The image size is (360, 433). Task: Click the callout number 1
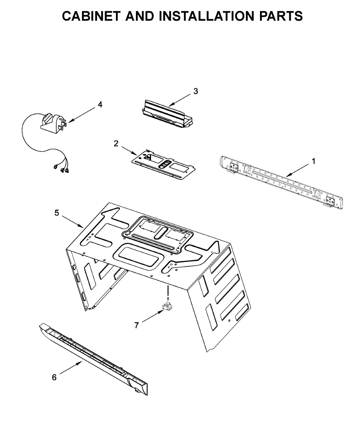coord(313,161)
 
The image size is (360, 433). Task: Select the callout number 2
coord(116,144)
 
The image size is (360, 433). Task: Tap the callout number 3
coord(195,91)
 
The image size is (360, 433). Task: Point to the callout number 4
coord(100,105)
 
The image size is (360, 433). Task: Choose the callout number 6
coord(54,377)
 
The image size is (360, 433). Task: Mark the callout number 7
coord(136,325)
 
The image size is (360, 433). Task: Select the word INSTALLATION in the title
coord(207,16)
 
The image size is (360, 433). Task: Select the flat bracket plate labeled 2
coord(164,164)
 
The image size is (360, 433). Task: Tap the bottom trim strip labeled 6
coord(94,357)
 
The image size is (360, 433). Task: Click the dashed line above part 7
coord(168,290)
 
